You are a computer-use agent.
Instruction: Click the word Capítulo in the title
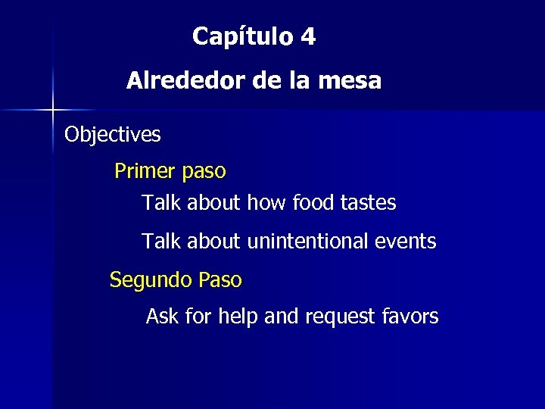[x=241, y=36]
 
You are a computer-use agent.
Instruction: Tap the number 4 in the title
[x=307, y=36]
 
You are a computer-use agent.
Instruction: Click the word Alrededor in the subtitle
[x=186, y=80]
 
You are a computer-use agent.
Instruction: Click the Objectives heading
[x=113, y=135]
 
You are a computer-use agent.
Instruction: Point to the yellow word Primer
[x=145, y=171]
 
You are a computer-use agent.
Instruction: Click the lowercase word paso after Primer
[x=204, y=172]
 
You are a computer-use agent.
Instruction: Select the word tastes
[x=368, y=203]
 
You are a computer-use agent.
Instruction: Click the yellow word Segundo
[x=151, y=280]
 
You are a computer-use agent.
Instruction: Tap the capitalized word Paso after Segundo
[x=220, y=280]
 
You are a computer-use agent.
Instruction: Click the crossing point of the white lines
[x=53, y=111]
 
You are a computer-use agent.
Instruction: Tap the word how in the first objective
[x=266, y=203]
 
